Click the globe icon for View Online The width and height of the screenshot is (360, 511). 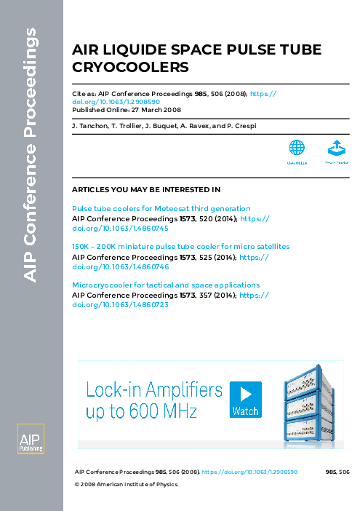click(297, 148)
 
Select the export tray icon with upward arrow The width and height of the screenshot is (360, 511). click(335, 148)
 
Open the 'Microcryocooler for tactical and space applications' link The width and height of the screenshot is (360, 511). click(166, 285)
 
